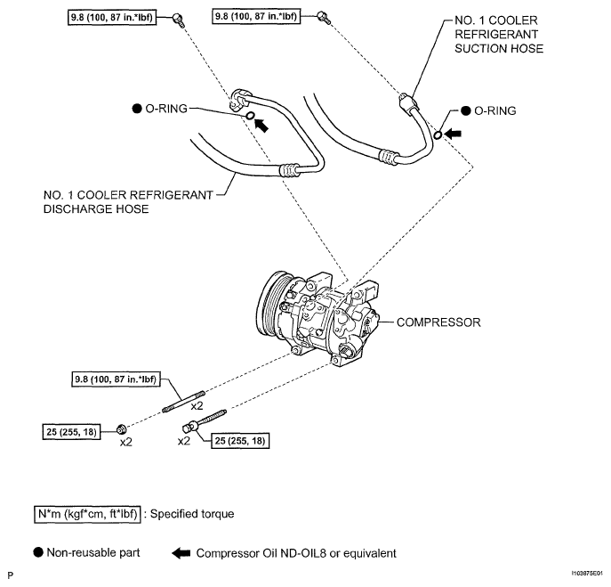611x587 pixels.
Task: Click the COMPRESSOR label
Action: [438, 322]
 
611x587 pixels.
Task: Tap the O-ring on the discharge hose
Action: [250, 115]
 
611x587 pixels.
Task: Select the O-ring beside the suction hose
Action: [438, 135]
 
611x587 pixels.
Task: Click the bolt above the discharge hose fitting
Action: [179, 19]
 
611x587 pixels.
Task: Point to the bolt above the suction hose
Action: [324, 17]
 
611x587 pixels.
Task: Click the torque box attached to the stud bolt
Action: [116, 379]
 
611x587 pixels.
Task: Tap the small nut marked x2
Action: [122, 429]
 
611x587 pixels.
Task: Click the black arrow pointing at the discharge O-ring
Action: [261, 126]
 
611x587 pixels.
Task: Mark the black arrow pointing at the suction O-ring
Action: [453, 135]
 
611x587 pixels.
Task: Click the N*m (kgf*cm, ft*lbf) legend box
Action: [87, 514]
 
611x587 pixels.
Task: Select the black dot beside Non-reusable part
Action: [38, 552]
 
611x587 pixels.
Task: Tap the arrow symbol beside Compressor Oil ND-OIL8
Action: [181, 553]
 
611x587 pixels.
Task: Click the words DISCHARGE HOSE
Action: [96, 209]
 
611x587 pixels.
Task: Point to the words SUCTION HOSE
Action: [499, 49]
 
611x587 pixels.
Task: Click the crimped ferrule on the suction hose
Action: [389, 156]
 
